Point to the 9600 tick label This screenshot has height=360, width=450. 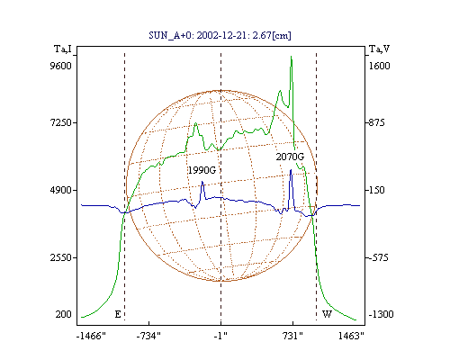pos(61,66)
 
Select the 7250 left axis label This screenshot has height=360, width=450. pos(61,122)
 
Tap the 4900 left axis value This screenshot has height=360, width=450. pos(61,190)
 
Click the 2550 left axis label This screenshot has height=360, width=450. pos(61,257)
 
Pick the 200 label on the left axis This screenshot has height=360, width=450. pos(64,314)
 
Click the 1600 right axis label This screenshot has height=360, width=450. pos(379,66)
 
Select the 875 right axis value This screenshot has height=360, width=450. pos(376,122)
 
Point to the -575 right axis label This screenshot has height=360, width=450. pos(378,257)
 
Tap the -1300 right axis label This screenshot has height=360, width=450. pos(381,314)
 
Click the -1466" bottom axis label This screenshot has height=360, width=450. pos(91,336)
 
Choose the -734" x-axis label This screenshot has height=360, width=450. pos(148,336)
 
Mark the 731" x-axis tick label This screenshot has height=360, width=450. pos(292,336)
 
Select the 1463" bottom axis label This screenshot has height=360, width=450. pos(351,336)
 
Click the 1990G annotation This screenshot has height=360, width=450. pos(202,170)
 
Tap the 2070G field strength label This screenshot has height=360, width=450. pos(290,157)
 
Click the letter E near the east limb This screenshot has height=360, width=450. pos(118,314)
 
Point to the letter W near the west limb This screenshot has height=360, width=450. pos(327,314)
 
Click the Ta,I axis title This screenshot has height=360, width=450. pos(63,49)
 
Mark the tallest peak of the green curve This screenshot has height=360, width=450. pos(291,57)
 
